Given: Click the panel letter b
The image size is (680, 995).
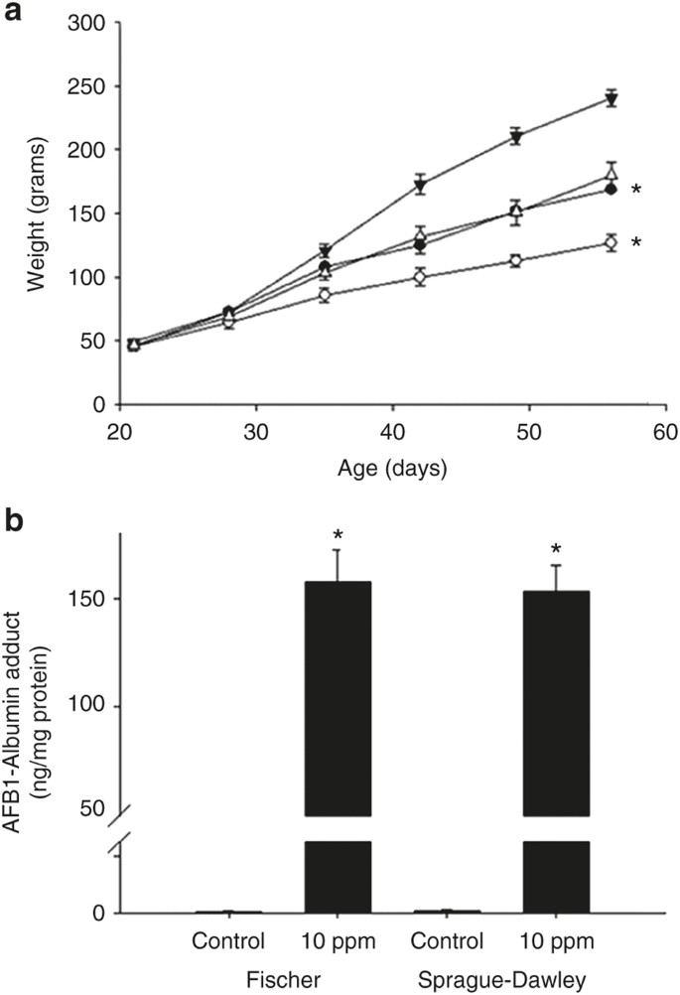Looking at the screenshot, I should coord(13,525).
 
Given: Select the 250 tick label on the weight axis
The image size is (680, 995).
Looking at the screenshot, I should coord(89,85).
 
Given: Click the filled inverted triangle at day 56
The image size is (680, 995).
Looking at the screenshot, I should coord(612,98).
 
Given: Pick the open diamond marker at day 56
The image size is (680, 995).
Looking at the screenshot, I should coord(612,242).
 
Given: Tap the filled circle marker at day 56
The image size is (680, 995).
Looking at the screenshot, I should coord(612,189).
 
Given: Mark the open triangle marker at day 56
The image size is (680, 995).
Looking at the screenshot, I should coord(612,176).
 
